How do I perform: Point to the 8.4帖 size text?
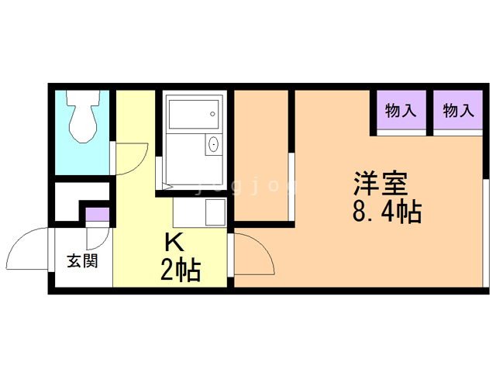pyautogui.click(x=387, y=212)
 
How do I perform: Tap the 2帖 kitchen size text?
pyautogui.click(x=181, y=270)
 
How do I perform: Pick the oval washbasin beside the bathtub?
pyautogui.click(x=213, y=145)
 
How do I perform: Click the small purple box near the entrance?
pyautogui.click(x=97, y=215)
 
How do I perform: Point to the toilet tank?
pyautogui.click(x=82, y=98)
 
